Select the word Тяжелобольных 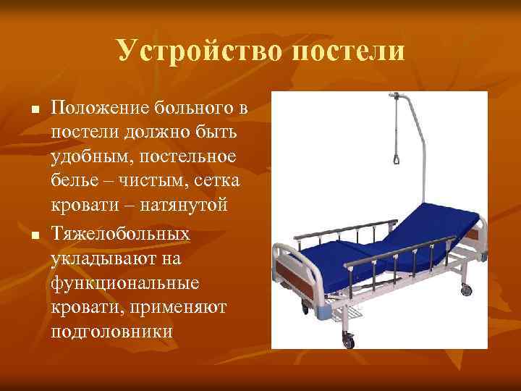[x=121, y=234]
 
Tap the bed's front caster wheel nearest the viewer [x=350, y=339]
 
